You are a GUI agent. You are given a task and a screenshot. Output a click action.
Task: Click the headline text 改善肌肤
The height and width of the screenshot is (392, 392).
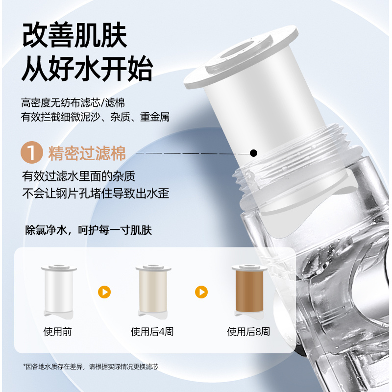(x=74, y=35)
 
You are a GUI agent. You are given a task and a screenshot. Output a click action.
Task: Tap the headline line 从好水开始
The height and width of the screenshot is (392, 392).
(x=87, y=68)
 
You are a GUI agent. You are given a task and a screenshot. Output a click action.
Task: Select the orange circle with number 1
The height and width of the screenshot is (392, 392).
(x=32, y=152)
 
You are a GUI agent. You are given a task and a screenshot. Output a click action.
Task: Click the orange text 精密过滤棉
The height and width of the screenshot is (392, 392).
(x=87, y=153)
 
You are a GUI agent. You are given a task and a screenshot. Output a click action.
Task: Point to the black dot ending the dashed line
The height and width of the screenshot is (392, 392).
(x=253, y=153)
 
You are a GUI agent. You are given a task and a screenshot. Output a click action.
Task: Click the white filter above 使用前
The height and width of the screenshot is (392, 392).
(x=59, y=292)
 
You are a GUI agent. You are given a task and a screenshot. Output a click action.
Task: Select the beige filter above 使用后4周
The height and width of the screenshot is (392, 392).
(x=153, y=292)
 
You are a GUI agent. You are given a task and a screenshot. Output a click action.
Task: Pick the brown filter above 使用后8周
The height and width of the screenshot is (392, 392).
(x=249, y=292)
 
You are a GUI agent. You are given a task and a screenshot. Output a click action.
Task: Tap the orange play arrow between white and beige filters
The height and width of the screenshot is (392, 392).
(x=104, y=292)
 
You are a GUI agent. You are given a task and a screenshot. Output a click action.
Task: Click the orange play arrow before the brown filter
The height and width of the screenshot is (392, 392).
(x=201, y=292)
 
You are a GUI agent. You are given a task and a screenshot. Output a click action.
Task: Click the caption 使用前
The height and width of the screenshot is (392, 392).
(x=57, y=332)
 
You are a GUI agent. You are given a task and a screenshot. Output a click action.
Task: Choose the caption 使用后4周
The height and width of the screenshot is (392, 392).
(x=152, y=332)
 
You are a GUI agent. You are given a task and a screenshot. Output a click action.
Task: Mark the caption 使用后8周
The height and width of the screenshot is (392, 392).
(x=248, y=332)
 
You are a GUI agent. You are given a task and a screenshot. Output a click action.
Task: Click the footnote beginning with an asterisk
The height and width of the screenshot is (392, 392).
(x=91, y=367)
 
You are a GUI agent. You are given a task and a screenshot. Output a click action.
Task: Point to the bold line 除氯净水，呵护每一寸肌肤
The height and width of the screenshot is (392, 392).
(x=88, y=230)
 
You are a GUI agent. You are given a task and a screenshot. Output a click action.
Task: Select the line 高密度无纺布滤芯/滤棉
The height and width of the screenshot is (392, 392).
(x=73, y=103)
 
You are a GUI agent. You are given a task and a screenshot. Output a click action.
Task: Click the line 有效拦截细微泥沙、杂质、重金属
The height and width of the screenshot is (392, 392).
(x=95, y=117)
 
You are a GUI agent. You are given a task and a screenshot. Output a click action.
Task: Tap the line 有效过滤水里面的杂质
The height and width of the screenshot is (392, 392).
(x=78, y=176)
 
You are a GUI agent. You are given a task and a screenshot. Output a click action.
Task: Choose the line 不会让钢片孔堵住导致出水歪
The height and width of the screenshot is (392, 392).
(x=96, y=193)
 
